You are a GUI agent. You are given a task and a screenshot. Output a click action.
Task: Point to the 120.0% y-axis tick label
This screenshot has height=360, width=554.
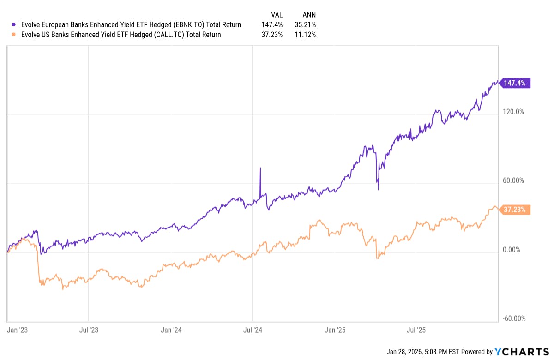point(513,112)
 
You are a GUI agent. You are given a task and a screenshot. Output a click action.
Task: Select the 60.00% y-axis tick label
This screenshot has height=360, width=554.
point(513,181)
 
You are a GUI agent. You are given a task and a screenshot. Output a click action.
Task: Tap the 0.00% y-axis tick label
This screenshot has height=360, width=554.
point(512,250)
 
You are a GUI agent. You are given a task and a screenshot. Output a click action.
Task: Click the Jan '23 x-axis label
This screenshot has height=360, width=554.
point(17,330)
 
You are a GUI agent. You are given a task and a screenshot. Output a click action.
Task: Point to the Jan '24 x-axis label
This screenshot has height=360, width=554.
point(171,330)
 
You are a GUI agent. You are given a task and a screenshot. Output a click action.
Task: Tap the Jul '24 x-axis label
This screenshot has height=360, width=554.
point(253,330)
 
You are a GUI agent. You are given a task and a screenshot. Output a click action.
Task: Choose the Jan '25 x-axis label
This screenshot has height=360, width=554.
point(335,330)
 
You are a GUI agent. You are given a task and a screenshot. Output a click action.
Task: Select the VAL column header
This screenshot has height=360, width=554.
point(276,14)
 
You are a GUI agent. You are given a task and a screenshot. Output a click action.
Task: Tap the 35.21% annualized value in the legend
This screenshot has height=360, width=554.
point(306,24)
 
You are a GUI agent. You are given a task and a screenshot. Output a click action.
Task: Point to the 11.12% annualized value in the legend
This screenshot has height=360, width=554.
point(306,35)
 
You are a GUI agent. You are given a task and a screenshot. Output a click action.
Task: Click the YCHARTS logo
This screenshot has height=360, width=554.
point(521,352)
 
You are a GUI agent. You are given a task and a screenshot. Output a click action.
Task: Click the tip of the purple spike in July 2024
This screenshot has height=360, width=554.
point(260,168)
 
